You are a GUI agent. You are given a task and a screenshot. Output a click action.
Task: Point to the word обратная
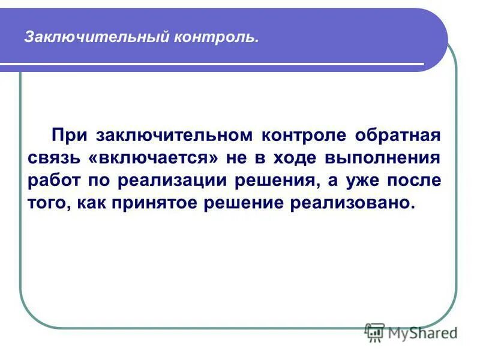(398, 134)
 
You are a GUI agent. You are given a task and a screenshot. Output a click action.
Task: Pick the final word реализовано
(352, 203)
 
